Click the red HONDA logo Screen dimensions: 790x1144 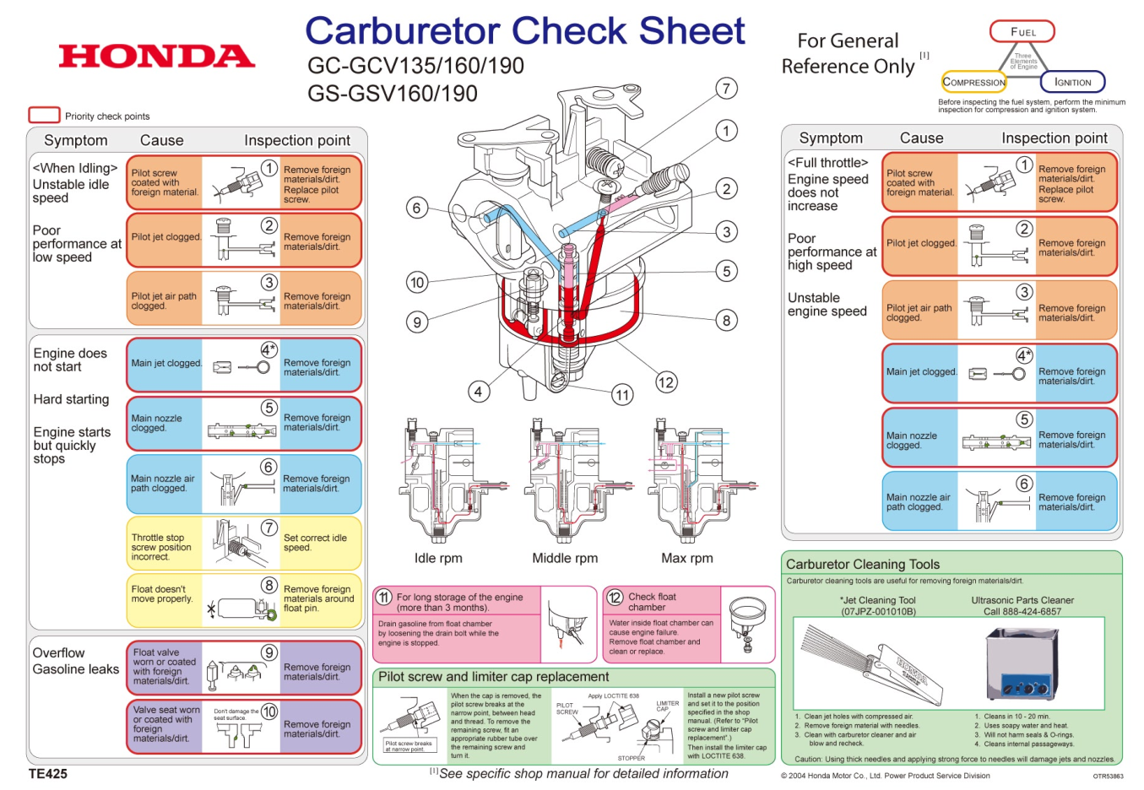point(157,57)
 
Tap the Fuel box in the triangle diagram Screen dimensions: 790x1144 point(1022,32)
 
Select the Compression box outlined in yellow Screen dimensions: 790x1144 point(973,82)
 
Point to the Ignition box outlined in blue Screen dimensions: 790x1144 point(1072,82)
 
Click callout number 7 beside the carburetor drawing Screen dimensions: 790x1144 point(726,89)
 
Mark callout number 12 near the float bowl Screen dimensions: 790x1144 point(666,382)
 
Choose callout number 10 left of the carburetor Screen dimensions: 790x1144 point(417,283)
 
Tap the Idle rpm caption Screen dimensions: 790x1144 point(438,558)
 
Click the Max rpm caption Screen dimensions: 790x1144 point(687,558)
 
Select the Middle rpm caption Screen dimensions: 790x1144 point(565,558)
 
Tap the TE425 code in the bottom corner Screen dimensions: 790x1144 point(48,773)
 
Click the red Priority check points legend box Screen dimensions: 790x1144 point(44,115)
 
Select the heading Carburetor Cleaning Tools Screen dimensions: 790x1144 point(862,564)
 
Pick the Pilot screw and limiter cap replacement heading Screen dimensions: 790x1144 point(493,676)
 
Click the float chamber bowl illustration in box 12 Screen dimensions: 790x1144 point(746,623)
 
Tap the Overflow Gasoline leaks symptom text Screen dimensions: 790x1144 point(76,661)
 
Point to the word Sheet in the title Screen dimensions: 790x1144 point(691,31)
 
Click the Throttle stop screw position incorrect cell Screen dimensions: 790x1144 point(162,547)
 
